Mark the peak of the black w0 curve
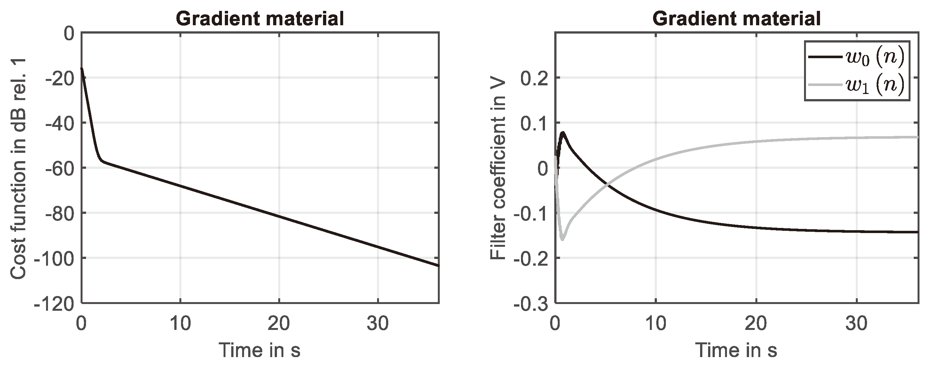coord(563,133)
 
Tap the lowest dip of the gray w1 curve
coord(562,239)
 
